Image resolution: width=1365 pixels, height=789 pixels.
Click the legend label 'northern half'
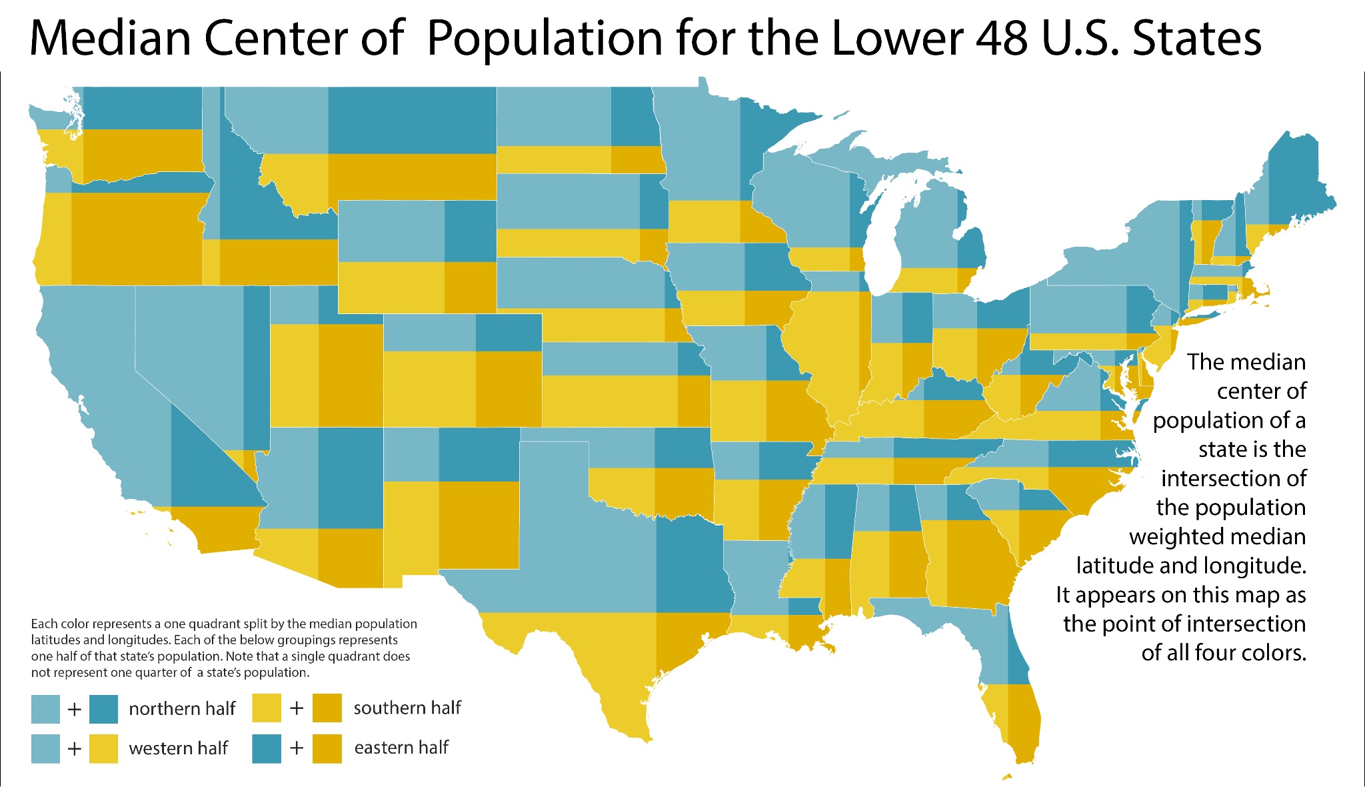182,708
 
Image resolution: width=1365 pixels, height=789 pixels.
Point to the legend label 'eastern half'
401,748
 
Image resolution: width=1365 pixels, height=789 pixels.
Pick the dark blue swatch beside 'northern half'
103,709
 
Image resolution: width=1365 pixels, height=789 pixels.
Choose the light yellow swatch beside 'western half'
103,748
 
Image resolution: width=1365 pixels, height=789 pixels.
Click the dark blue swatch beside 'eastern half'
267,748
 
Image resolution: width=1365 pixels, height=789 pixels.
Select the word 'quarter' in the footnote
154,672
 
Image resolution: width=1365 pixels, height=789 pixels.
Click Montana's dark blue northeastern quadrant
412,120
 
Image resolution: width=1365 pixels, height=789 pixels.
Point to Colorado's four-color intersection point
476,351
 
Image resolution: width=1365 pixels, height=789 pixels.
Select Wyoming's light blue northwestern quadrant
391,231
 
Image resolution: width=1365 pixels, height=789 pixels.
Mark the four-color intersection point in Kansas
678,375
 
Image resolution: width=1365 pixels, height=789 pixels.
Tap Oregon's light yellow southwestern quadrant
57,240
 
